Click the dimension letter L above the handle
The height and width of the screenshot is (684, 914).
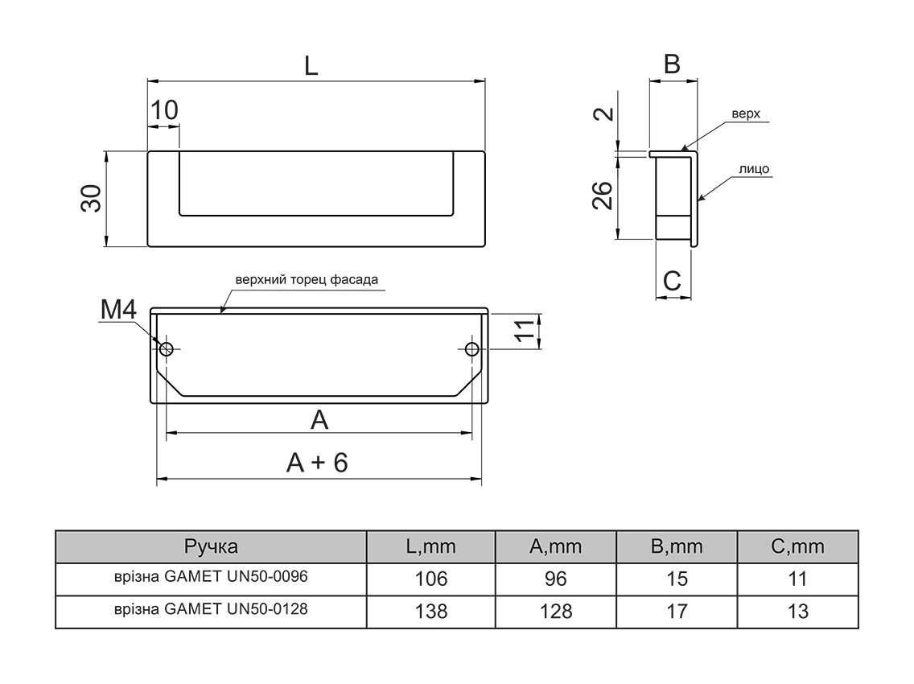(x=311, y=66)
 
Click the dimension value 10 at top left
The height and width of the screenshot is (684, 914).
(x=164, y=109)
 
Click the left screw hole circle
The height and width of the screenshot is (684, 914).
(x=167, y=348)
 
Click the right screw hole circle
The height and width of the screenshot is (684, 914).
(x=471, y=348)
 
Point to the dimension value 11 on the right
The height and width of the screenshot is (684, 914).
(x=524, y=331)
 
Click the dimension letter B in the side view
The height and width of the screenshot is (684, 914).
(x=672, y=64)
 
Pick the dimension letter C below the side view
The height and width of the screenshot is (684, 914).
(x=672, y=281)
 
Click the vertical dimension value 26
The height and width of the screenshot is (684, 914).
(x=603, y=195)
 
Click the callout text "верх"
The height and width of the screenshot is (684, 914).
(x=745, y=113)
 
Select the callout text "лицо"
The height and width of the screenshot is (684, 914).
(x=753, y=169)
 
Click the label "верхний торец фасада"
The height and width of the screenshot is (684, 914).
(x=306, y=281)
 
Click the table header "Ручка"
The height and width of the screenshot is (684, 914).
(x=211, y=547)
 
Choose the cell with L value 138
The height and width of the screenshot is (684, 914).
(x=430, y=611)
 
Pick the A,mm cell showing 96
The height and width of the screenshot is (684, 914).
(x=555, y=579)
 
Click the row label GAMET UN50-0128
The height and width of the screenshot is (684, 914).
(x=211, y=609)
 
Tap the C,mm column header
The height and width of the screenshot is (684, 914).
(x=797, y=547)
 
